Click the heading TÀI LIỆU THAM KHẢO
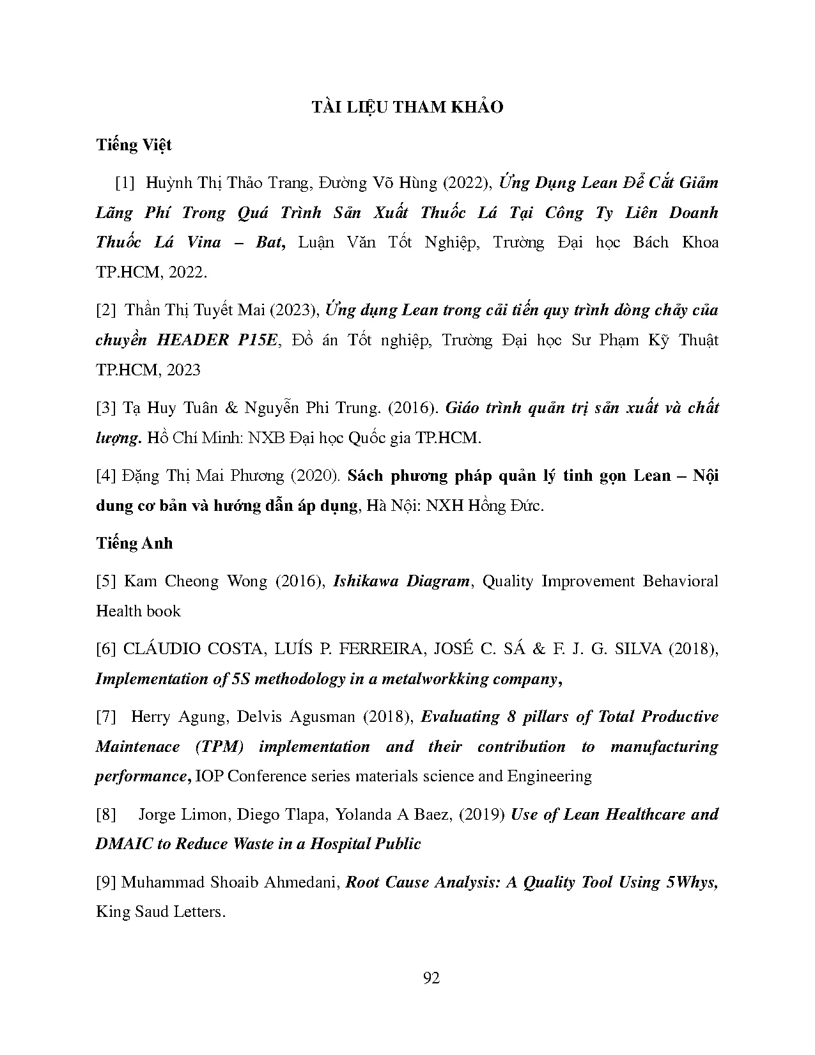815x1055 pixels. coord(407,107)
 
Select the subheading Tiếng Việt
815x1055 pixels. coord(134,145)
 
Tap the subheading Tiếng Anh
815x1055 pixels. coord(134,543)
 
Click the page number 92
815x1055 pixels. coord(431,978)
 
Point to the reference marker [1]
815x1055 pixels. coord(125,183)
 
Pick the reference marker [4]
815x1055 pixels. coord(105,476)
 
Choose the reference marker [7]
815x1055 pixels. coord(105,717)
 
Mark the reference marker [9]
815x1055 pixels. coord(105,882)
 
